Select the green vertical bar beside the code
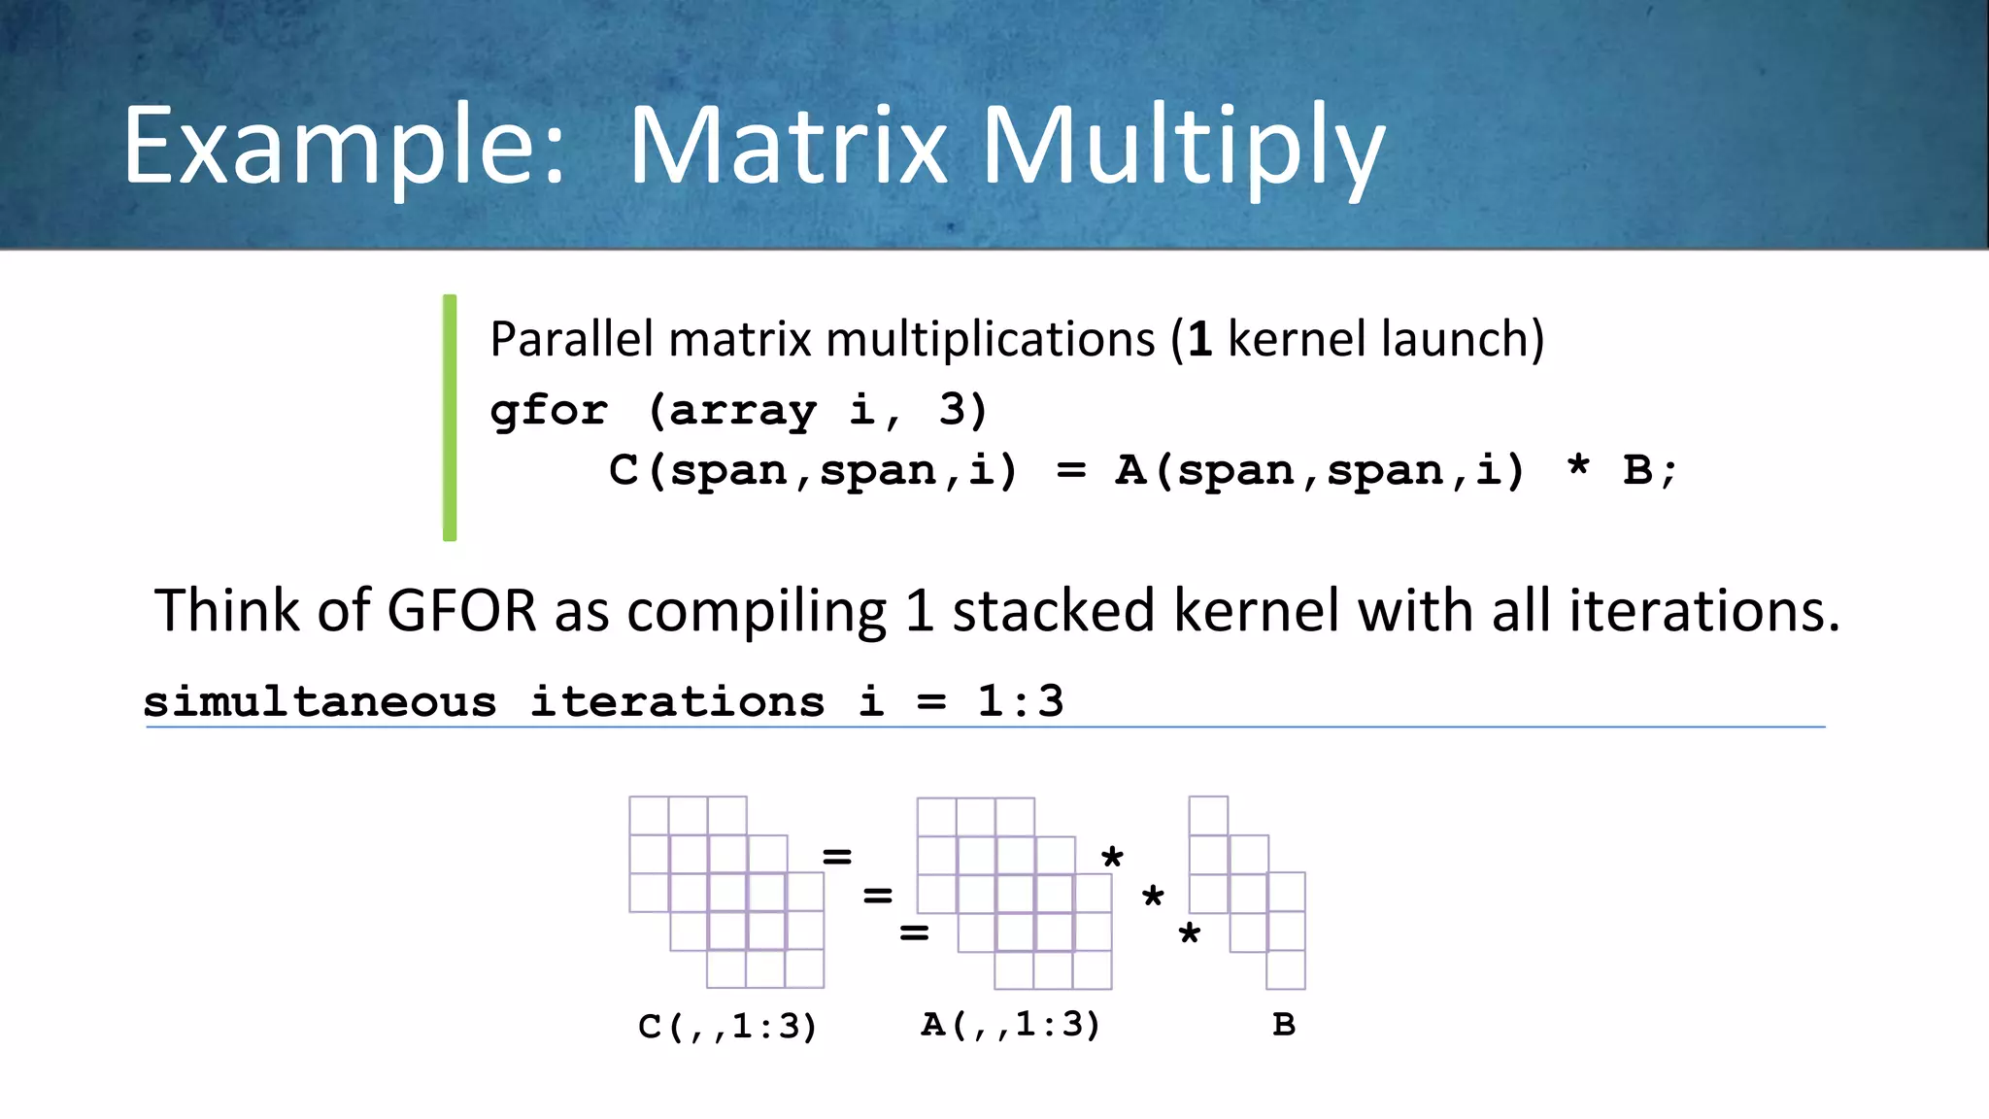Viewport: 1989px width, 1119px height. (450, 418)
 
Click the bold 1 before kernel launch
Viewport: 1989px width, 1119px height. (1199, 340)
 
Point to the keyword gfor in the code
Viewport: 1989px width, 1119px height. (549, 411)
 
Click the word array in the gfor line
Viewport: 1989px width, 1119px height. (742, 411)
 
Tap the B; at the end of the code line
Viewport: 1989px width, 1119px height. (1649, 471)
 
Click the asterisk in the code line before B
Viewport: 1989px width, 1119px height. (1578, 468)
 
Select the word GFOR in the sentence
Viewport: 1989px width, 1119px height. (461, 611)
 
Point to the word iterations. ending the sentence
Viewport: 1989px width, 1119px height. (1703, 611)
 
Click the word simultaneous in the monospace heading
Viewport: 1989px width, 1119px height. (320, 701)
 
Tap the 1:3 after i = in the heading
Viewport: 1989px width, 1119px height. (1020, 701)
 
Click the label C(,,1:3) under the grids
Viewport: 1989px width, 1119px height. (727, 1026)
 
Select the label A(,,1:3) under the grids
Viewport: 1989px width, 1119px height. (1010, 1025)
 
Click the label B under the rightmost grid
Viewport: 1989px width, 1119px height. (1283, 1025)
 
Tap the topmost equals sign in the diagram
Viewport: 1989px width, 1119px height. (836, 857)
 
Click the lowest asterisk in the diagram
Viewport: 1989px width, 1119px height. (1189, 936)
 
